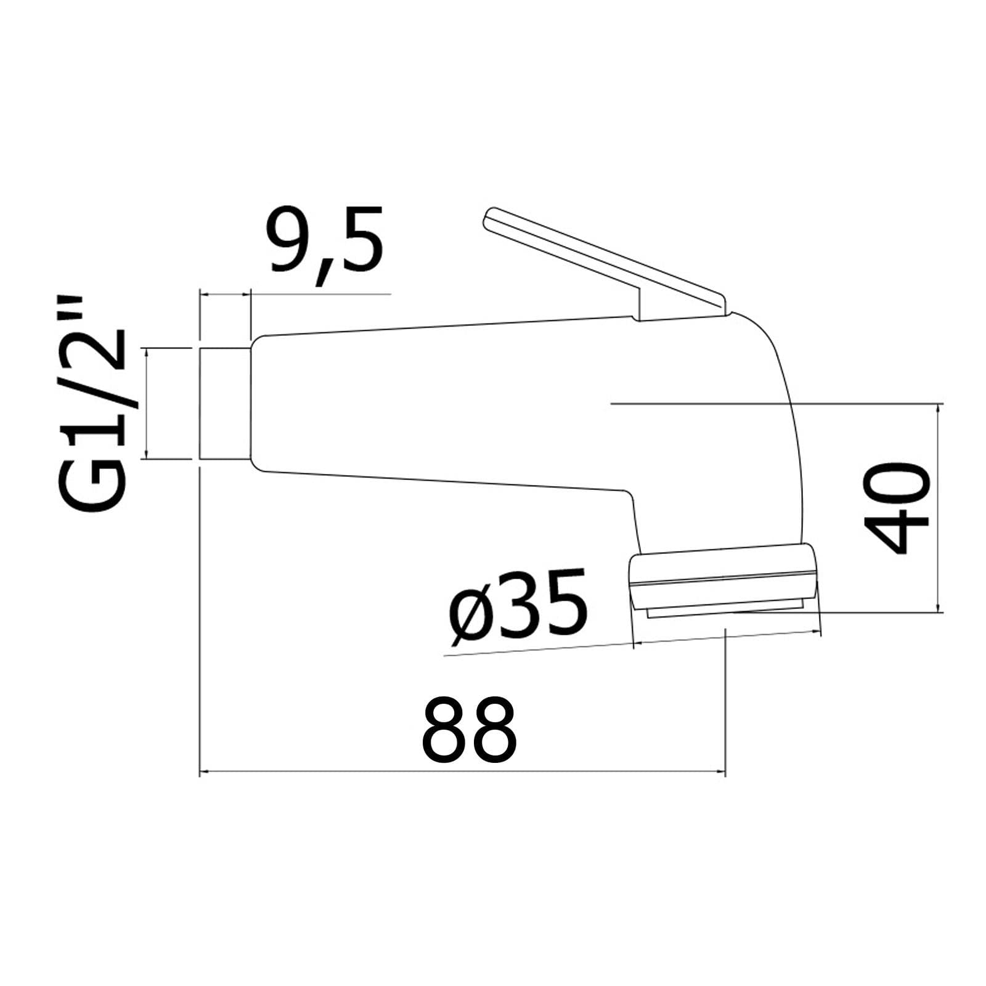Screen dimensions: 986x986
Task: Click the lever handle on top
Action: click(x=604, y=265)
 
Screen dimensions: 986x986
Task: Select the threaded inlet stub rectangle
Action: click(x=225, y=404)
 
